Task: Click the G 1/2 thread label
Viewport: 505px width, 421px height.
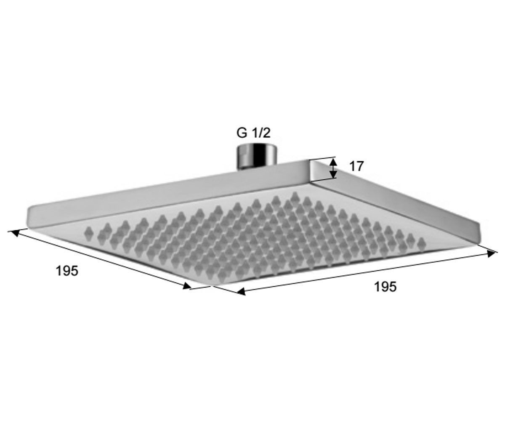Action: click(x=253, y=133)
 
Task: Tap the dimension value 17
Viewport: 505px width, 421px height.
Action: click(x=356, y=166)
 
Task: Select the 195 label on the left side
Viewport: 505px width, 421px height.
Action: click(x=67, y=271)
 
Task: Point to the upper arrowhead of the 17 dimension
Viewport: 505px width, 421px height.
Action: click(x=333, y=162)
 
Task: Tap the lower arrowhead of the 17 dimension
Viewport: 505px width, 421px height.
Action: click(x=333, y=174)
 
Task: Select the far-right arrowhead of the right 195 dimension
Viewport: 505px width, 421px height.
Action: click(x=491, y=254)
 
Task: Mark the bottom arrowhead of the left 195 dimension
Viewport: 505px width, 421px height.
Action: click(x=187, y=286)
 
